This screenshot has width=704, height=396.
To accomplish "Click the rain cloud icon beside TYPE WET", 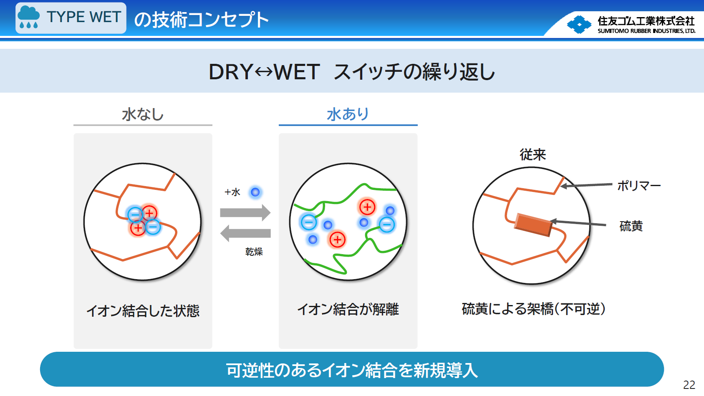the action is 29,17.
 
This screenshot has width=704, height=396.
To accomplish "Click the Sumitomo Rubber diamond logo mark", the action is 579,25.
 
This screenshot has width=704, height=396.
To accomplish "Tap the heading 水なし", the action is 143,114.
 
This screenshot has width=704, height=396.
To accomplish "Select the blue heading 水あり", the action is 348,114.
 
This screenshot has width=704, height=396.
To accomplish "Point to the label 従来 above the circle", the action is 533,155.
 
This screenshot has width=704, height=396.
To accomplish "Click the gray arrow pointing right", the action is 245,213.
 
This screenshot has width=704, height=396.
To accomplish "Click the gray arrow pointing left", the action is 245,233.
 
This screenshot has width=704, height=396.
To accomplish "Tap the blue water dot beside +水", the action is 255,192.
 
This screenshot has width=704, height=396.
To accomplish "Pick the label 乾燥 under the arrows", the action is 254,252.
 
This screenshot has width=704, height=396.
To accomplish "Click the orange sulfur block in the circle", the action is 533,225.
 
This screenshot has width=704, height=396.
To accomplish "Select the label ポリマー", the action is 639,186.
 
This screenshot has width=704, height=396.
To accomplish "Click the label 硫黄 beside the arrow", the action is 631,226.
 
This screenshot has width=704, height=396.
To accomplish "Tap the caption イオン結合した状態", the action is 143,311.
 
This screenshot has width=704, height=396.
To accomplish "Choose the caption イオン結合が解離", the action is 348,309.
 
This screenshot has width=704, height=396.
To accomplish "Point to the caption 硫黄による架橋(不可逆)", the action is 534,309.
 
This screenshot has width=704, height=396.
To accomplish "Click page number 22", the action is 689,385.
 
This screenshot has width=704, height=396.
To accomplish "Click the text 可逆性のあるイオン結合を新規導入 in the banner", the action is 352,370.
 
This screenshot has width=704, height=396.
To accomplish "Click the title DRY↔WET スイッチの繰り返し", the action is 352,72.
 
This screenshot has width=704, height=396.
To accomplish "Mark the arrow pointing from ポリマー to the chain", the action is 586,185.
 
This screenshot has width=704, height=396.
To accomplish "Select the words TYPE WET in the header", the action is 84,17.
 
